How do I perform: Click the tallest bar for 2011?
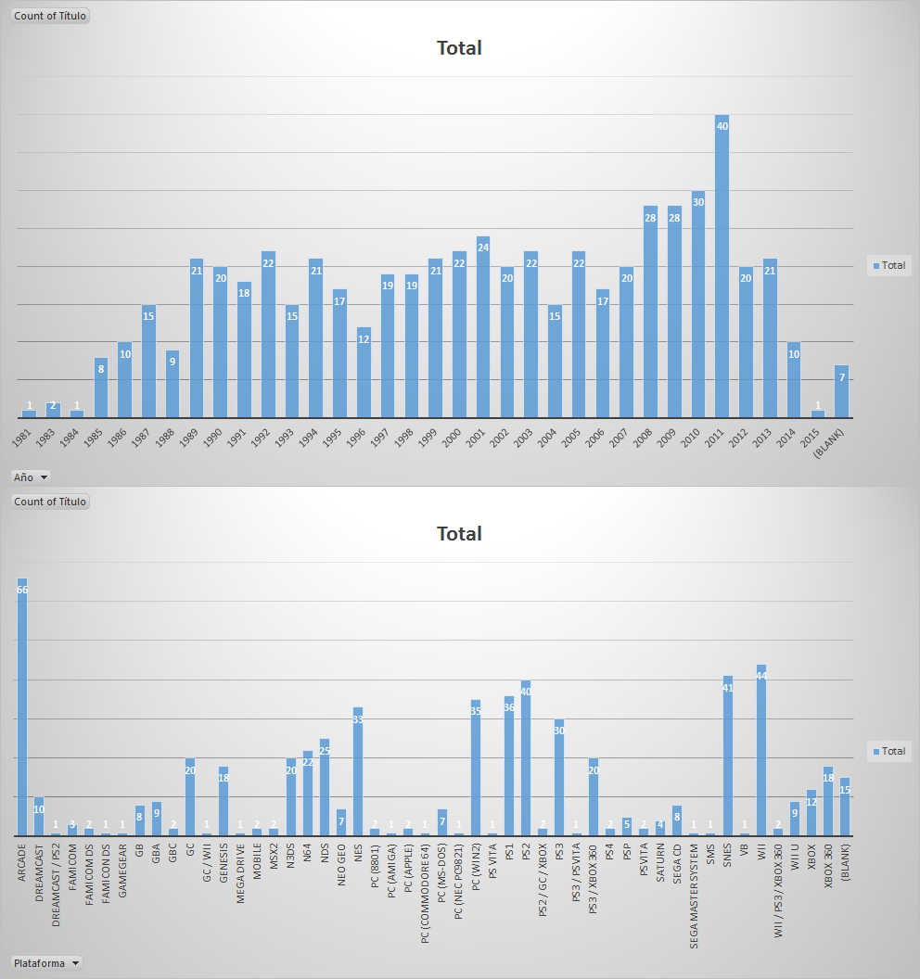click(722, 269)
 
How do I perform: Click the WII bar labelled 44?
click(761, 751)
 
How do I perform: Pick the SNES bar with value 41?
click(728, 756)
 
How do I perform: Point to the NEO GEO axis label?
click(341, 865)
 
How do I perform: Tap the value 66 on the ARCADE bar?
click(22, 590)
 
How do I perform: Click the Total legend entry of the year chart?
click(888, 265)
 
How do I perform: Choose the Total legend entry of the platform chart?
click(888, 751)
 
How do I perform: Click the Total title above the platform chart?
click(459, 534)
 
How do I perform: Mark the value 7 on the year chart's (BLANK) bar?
click(841, 377)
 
